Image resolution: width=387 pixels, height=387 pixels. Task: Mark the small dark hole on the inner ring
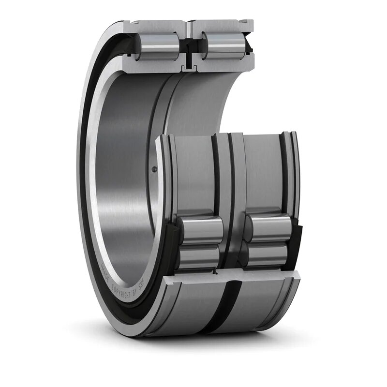click(154, 169)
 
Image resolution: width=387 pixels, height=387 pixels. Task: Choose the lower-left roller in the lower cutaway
click(199, 256)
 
